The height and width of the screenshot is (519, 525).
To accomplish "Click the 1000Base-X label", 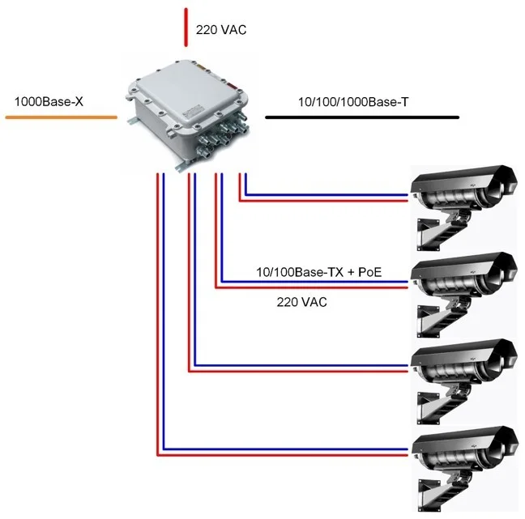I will pyautogui.click(x=48, y=104).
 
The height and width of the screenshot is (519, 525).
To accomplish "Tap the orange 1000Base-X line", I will pyautogui.click(x=61, y=118).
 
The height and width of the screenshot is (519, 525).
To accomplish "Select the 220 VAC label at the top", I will pyautogui.click(x=220, y=30).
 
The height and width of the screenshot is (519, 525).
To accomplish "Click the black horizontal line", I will pyautogui.click(x=362, y=117).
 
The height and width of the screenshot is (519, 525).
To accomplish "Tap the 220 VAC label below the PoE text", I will pyautogui.click(x=302, y=301).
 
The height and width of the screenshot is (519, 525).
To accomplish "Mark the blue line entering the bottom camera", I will pyautogui.click(x=284, y=449).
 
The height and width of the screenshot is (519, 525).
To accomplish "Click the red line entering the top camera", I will pyautogui.click(x=324, y=201).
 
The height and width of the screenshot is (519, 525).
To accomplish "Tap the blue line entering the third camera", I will pyautogui.click(x=300, y=364).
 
